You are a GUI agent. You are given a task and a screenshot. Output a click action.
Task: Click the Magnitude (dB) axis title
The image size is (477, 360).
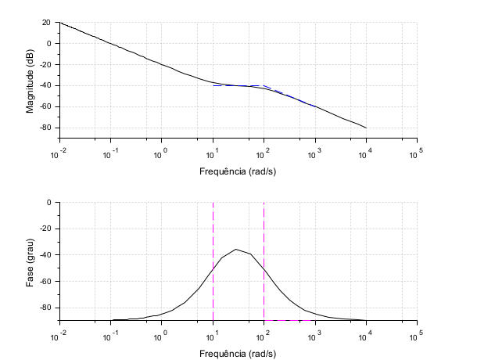30,81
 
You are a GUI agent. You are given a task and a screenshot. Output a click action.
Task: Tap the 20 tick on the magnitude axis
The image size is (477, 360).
46,23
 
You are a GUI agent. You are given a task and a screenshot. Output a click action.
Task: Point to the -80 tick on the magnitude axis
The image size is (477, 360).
45,128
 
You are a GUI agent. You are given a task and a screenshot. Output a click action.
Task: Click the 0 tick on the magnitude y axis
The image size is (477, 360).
48,44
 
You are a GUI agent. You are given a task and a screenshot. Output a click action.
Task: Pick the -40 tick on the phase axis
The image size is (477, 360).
45,255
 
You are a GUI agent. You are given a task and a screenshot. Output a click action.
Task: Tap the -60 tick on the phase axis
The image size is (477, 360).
45,282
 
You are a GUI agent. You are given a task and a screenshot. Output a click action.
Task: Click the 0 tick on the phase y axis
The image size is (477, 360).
48,203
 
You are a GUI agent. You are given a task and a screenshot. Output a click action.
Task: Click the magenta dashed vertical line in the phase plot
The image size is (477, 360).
213,235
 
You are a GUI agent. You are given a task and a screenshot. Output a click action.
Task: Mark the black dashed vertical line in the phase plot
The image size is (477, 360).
264,235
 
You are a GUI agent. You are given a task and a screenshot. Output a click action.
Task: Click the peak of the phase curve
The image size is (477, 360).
236,250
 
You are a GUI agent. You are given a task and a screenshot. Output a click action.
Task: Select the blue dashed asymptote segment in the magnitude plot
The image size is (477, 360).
289,95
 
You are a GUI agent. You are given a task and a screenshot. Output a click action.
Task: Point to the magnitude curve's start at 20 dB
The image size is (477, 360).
60,23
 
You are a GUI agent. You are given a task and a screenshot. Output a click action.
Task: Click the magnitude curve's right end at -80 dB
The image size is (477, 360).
365,128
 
